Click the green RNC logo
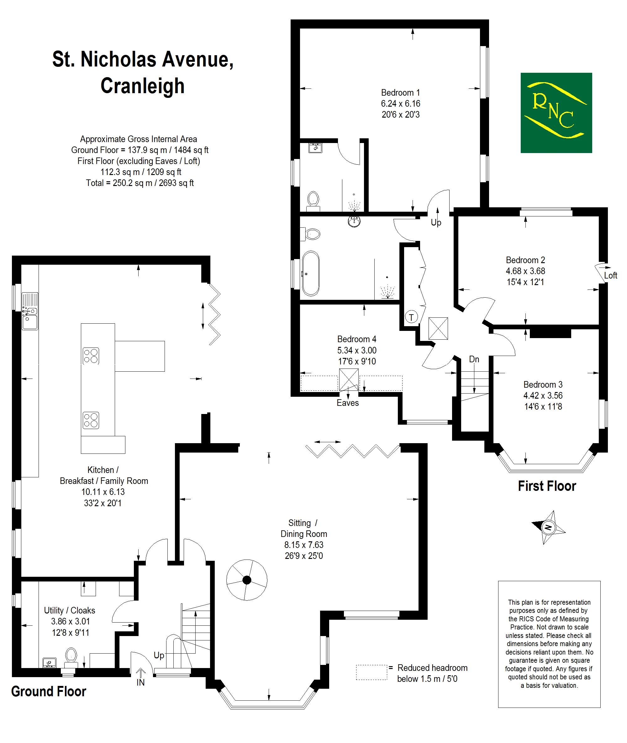[x=556, y=113]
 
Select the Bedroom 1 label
[x=401, y=93]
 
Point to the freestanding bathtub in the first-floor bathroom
[x=311, y=274]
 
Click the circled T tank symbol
[x=411, y=317]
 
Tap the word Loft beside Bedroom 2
[x=611, y=275]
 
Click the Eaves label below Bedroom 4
[x=348, y=403]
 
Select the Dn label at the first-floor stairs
[x=474, y=359]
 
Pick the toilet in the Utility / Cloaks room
[x=71, y=658]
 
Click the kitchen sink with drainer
[x=30, y=311]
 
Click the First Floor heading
[x=547, y=486]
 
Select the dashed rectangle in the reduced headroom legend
[x=371, y=672]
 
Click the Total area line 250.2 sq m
[x=140, y=183]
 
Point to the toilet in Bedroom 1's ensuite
[x=313, y=201]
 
